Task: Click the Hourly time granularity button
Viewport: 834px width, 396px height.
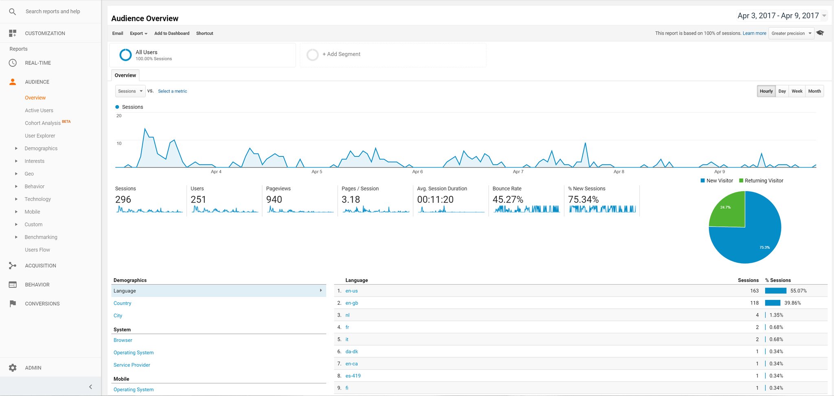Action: pos(766,91)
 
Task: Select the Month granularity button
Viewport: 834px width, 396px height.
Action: pos(814,91)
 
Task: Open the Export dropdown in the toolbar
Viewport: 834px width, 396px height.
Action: pos(138,33)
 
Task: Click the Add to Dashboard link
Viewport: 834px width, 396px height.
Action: pos(172,33)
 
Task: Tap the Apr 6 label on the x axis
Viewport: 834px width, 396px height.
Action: pos(417,172)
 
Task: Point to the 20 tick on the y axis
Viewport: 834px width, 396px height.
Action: pos(119,116)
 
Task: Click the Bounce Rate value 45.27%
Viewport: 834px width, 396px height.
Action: pos(508,200)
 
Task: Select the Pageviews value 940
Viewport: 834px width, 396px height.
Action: pos(274,200)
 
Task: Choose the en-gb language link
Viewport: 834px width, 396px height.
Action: pos(352,303)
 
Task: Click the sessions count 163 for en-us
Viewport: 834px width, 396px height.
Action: pos(754,291)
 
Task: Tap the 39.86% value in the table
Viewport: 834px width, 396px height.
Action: pos(792,303)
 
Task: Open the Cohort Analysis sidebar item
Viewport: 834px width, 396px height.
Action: pos(43,123)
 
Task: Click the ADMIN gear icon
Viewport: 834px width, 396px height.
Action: pos(13,368)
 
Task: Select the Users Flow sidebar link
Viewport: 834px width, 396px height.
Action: pos(37,250)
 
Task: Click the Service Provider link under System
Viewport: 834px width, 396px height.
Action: pos(132,365)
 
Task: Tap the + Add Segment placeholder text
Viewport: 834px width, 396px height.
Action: pos(341,54)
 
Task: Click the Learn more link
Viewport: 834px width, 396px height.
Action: pos(754,33)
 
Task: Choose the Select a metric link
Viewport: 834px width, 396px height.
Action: pos(173,91)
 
